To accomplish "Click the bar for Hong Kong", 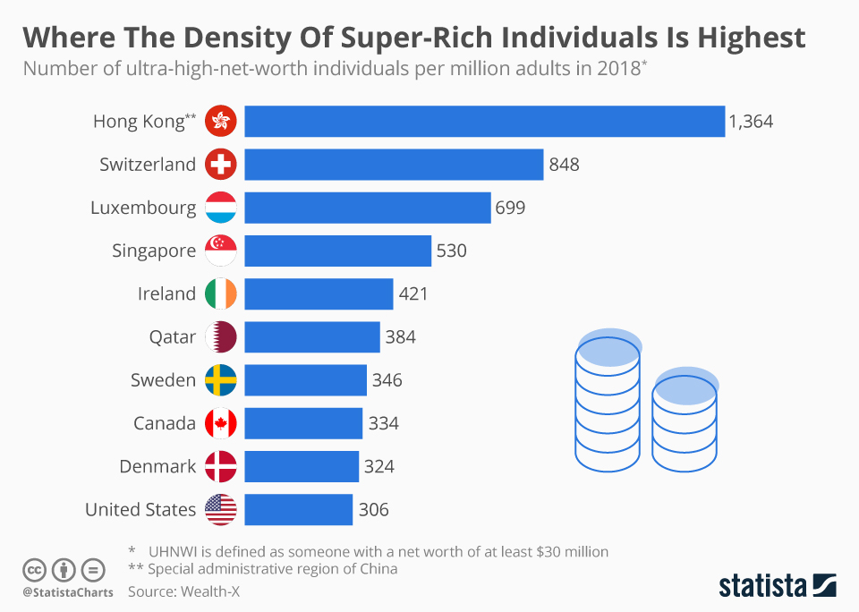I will pos(484,122).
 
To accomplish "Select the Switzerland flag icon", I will pos(220,165).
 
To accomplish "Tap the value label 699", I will pos(510,208).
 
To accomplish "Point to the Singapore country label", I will pos(154,251).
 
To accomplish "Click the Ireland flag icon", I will pos(220,293).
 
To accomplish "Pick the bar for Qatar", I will pos(311,337).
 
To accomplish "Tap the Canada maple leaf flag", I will pos(220,423).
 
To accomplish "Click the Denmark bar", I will pos(301,466).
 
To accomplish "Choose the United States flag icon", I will pos(220,509).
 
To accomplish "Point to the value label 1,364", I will pos(751,122).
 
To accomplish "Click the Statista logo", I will pos(777,586).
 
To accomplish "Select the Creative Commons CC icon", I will pos(34,570).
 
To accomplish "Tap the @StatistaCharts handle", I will pos(68,592).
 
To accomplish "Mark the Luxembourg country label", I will pos(143,208).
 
